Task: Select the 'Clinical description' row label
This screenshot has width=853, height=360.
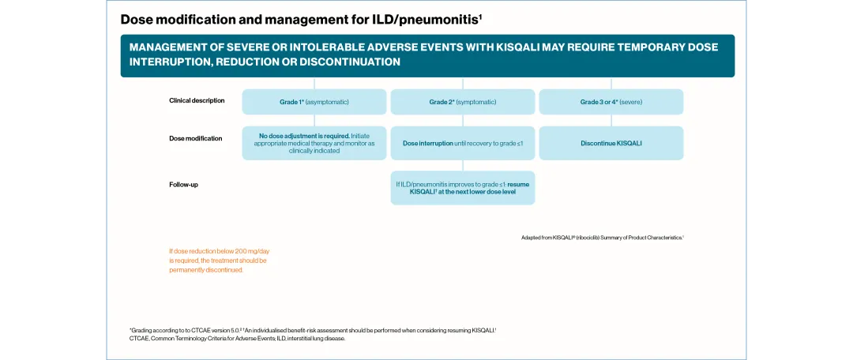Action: pyautogui.click(x=197, y=100)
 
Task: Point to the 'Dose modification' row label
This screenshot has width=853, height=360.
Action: pyautogui.click(x=196, y=138)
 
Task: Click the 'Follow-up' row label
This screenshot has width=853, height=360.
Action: pyautogui.click(x=183, y=184)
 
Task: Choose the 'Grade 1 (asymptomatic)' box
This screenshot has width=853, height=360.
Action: pyautogui.click(x=314, y=102)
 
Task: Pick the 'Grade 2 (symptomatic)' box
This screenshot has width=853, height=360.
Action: pyautogui.click(x=463, y=102)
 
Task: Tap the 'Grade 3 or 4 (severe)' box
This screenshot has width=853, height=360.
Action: pyautogui.click(x=611, y=102)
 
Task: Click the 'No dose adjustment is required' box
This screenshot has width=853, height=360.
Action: pyautogui.click(x=314, y=143)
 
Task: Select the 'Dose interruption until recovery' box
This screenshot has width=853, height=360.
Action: pyautogui.click(x=463, y=143)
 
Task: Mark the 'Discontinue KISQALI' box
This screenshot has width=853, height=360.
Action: pyautogui.click(x=611, y=143)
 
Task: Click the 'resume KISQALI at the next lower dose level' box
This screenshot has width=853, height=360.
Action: pyautogui.click(x=463, y=188)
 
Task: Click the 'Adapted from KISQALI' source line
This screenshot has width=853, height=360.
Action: pyautogui.click(x=602, y=237)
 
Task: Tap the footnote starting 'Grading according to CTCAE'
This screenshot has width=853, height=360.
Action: pyautogui.click(x=313, y=330)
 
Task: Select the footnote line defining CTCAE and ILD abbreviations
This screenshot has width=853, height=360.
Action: pyautogui.click(x=237, y=339)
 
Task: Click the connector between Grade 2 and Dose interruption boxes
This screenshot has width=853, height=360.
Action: pyautogui.click(x=463, y=120)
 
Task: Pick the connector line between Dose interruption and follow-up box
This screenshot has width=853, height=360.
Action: pyautogui.click(x=463, y=166)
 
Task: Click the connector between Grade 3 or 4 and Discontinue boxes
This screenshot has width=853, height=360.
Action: pyautogui.click(x=611, y=120)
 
